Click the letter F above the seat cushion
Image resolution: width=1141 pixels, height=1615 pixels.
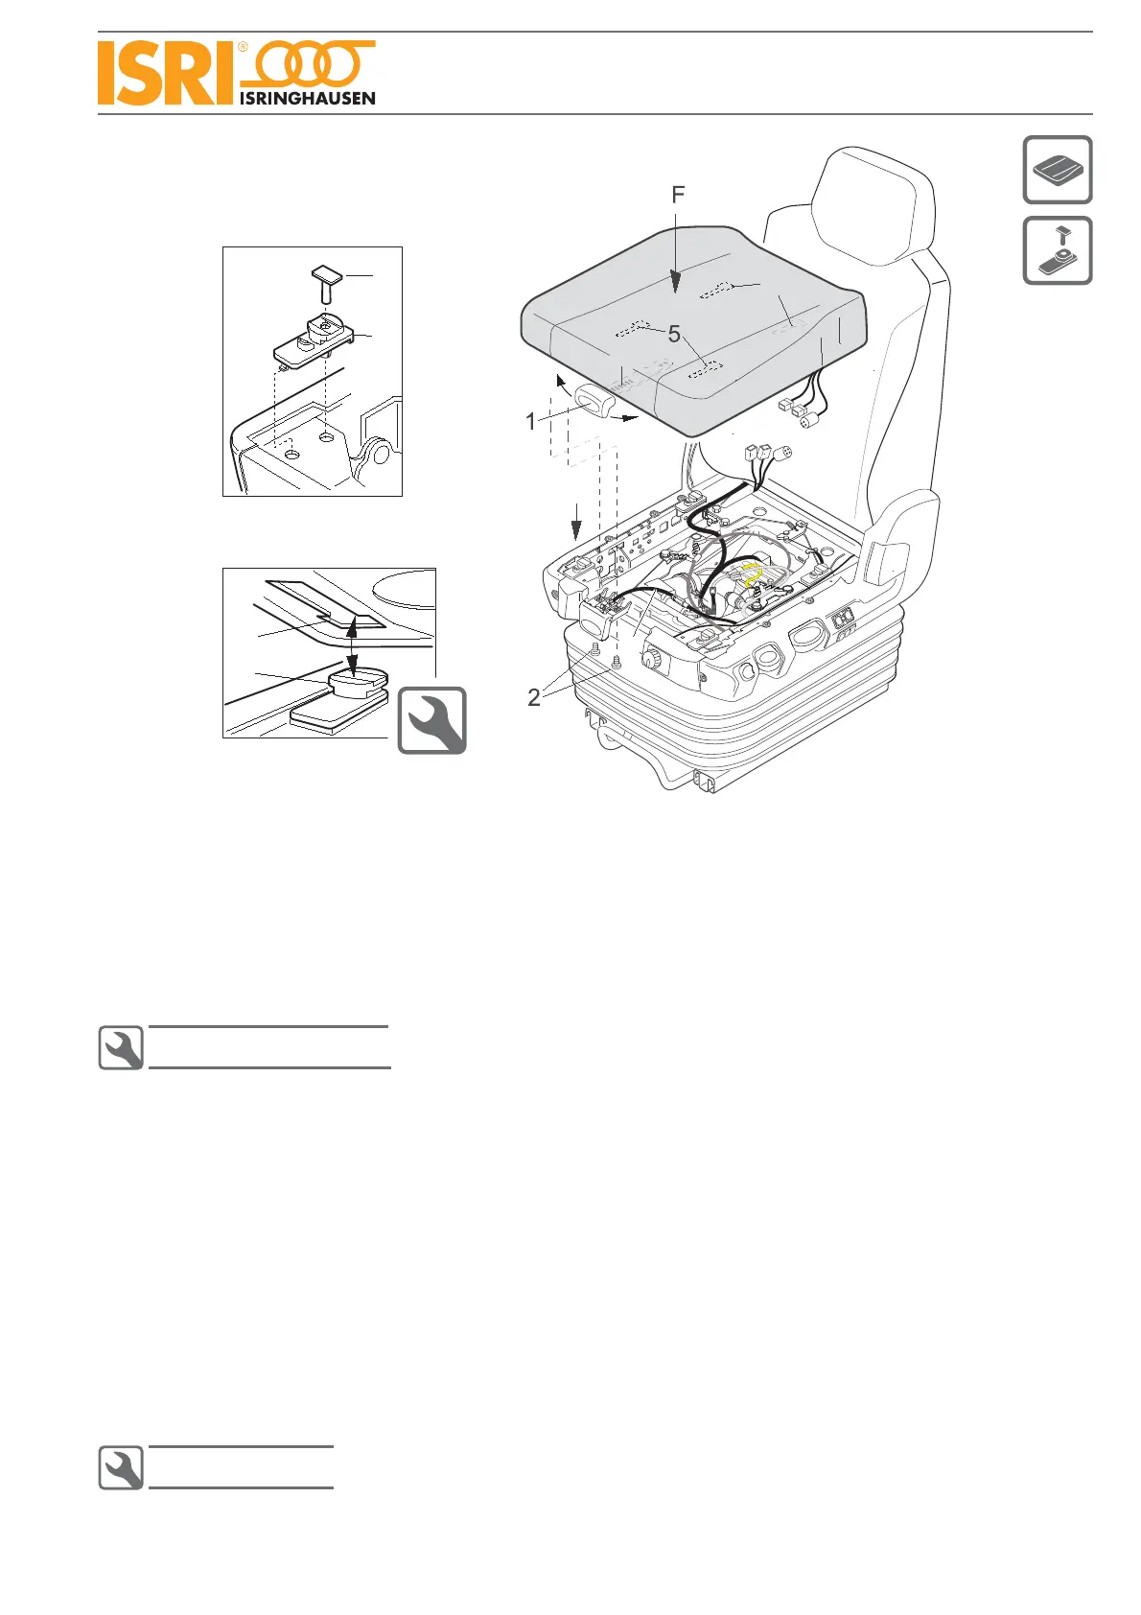coord(678,196)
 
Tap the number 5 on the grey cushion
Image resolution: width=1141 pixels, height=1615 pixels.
coord(674,334)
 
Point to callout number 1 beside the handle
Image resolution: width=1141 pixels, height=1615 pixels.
coord(530,421)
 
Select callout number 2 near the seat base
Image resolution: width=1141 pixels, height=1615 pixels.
coord(534,697)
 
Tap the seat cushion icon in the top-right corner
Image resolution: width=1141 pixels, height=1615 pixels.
coord(1058,170)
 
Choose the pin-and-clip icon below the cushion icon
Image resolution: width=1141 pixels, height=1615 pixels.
coord(1058,250)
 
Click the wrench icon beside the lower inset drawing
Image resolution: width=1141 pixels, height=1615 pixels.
coord(432,720)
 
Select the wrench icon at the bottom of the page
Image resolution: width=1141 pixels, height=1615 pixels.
coord(122,1468)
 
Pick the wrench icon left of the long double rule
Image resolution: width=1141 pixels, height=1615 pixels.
coord(122,1048)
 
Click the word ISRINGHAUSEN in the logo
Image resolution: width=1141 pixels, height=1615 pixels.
coord(307,98)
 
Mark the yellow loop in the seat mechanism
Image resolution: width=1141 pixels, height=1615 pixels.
coord(753,576)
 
